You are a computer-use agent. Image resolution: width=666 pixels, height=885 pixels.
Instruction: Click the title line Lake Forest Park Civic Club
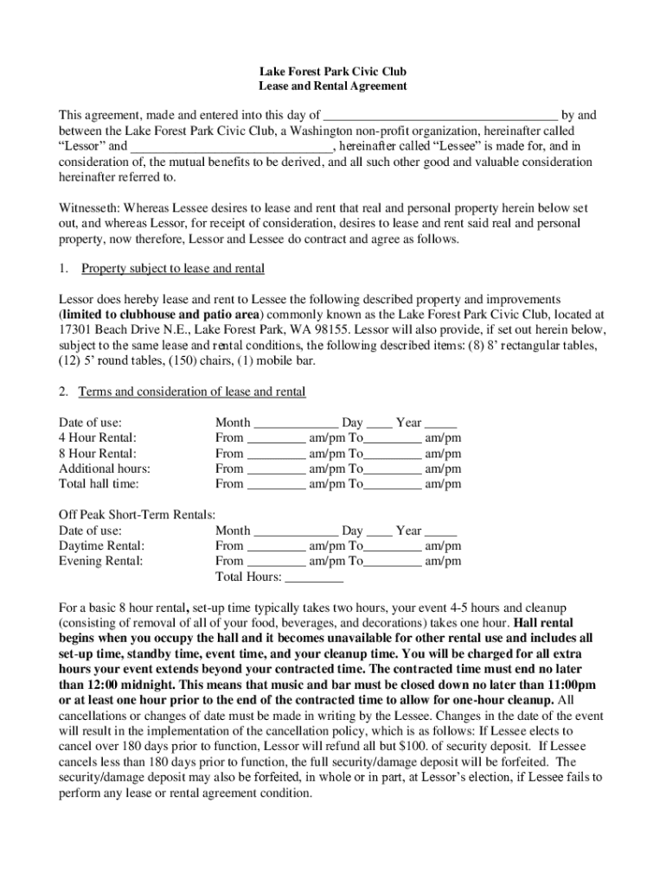pyautogui.click(x=333, y=72)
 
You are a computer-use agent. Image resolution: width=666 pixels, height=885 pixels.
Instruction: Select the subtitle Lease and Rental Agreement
pyautogui.click(x=333, y=86)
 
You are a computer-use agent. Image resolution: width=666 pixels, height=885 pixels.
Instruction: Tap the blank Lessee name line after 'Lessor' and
pyautogui.click(x=231, y=147)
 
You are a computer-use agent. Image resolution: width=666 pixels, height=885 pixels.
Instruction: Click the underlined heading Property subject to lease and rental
pyautogui.click(x=172, y=269)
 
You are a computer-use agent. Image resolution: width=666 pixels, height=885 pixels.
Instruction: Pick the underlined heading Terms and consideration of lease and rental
pyautogui.click(x=192, y=392)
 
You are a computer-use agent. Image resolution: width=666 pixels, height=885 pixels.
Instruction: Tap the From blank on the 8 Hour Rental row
pyautogui.click(x=276, y=455)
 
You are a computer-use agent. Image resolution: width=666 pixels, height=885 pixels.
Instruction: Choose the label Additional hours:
pyautogui.click(x=104, y=469)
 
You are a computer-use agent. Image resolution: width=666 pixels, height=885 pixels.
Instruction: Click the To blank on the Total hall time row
pyautogui.click(x=394, y=486)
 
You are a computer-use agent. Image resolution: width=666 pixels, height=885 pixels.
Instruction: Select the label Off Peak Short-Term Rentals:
pyautogui.click(x=137, y=515)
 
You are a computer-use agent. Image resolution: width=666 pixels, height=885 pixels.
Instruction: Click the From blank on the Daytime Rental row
pyautogui.click(x=276, y=547)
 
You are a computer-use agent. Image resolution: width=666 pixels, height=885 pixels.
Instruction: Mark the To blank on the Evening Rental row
pyautogui.click(x=394, y=562)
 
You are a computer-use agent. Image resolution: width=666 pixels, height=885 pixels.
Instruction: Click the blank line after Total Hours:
pyautogui.click(x=314, y=578)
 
